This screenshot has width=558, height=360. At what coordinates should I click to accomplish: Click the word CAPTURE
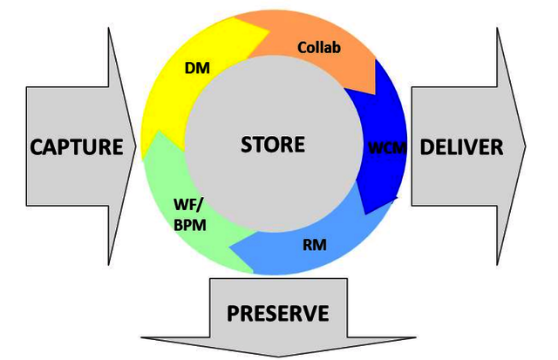[77, 146]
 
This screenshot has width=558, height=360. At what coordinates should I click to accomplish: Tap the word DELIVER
[461, 146]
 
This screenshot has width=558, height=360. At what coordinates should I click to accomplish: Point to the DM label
[196, 67]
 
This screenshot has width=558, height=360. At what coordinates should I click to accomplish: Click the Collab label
[320, 46]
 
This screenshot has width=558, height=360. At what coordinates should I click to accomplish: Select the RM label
[316, 245]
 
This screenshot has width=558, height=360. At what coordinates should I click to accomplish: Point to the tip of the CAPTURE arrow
[137, 146]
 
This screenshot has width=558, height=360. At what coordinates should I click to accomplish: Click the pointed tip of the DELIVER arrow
[526, 146]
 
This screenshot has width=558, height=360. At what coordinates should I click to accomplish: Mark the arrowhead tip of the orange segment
[378, 94]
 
